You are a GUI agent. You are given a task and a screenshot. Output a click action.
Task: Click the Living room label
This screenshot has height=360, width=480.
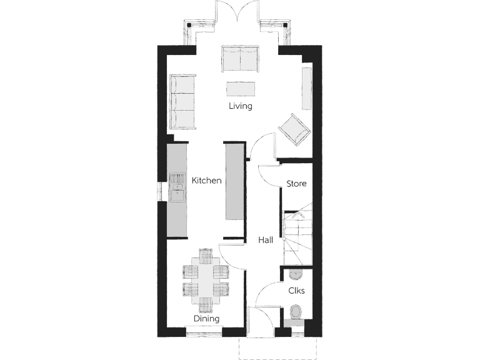(x=240, y=106)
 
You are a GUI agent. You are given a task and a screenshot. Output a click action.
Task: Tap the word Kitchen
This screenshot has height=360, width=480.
(x=206, y=181)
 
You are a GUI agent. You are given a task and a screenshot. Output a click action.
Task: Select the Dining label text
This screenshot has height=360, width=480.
(x=206, y=319)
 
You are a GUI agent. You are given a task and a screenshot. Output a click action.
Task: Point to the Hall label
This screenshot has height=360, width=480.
(x=266, y=239)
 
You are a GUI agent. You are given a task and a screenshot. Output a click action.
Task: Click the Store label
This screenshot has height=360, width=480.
(x=296, y=184)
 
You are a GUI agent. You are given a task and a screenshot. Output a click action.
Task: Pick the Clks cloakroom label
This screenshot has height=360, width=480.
(x=296, y=291)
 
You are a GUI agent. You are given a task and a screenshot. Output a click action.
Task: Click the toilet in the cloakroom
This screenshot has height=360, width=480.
(x=296, y=312)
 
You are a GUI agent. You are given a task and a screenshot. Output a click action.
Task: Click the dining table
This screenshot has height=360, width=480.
(x=206, y=281)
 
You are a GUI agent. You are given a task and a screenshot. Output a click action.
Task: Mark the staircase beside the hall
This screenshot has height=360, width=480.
(x=297, y=237)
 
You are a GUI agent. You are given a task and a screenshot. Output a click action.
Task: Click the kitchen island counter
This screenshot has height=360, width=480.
(x=234, y=182)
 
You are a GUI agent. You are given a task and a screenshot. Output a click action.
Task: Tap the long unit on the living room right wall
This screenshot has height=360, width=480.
(x=306, y=88)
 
